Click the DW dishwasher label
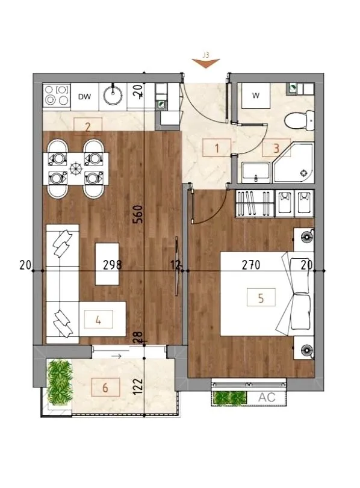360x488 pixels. click(x=84, y=97)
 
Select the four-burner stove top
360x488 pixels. click(x=57, y=95)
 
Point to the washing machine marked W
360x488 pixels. click(x=256, y=96)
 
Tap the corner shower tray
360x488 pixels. click(x=293, y=163)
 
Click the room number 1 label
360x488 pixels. click(x=217, y=148)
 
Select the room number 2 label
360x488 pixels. click(x=88, y=126)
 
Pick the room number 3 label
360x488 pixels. click(x=276, y=148)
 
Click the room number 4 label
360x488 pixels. click(x=98, y=320)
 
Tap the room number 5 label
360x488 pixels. click(x=261, y=297)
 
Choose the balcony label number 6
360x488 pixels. click(x=105, y=388)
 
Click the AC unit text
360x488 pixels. click(x=267, y=397)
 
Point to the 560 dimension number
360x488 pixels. click(x=138, y=214)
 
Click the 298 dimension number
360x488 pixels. click(x=113, y=265)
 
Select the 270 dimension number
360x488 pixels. click(x=251, y=265)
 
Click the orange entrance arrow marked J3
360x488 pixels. click(x=206, y=63)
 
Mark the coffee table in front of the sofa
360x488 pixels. click(x=107, y=264)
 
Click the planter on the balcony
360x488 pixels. click(x=60, y=383)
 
